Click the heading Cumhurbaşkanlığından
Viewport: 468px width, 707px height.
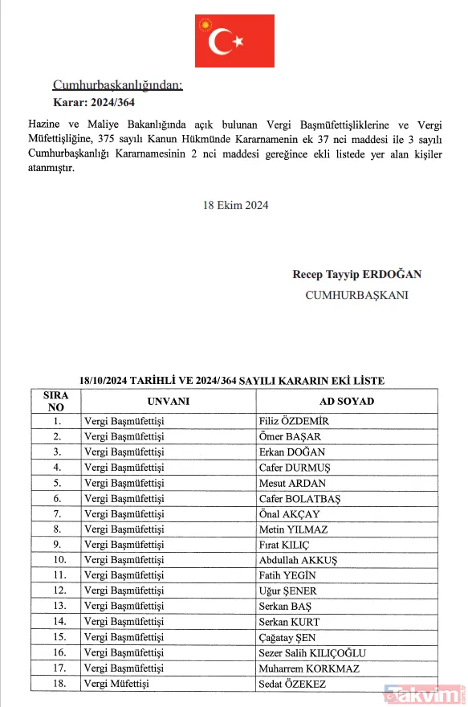(x=117, y=85)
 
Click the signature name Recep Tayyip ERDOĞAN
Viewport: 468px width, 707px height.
(x=357, y=274)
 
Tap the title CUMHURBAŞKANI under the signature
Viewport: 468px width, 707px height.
(x=357, y=295)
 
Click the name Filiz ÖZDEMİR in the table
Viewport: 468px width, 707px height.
(x=294, y=421)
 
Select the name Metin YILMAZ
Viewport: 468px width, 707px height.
(x=292, y=529)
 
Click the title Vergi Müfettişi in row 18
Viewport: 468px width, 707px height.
(x=117, y=684)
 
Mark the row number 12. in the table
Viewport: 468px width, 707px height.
(x=58, y=591)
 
